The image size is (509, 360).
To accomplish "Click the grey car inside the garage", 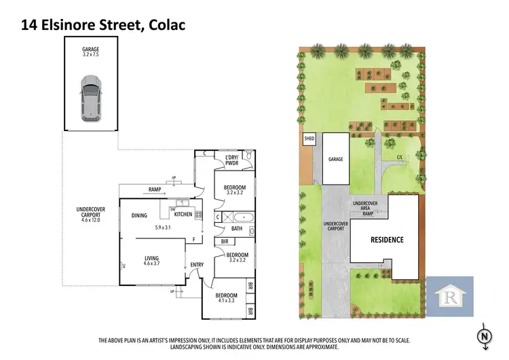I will (90, 99).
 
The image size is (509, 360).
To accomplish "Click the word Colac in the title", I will (162, 24).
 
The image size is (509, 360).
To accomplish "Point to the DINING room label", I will (140, 215).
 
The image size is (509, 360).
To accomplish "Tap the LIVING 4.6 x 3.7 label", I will (153, 260).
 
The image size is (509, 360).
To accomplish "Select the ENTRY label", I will (197, 265).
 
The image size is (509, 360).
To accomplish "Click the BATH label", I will (236, 229).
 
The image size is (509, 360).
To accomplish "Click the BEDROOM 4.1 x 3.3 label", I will (226, 298).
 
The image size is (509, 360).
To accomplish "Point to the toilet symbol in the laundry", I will (250, 157).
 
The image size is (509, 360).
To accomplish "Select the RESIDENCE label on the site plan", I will (386, 239).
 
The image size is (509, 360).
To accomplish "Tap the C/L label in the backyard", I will (400, 158).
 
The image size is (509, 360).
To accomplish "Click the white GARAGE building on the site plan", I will (336, 158).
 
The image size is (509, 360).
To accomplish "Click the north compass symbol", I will (483, 336).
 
